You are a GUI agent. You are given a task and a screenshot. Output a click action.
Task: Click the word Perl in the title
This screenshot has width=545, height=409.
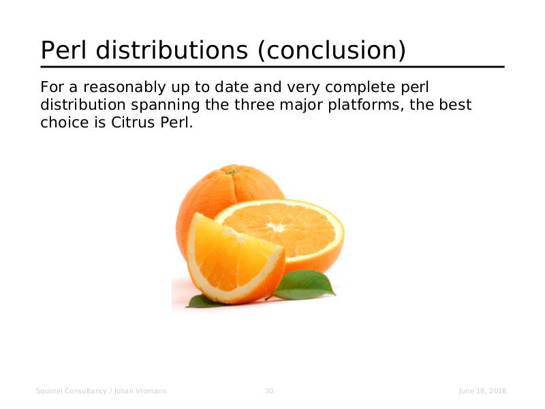click(63, 50)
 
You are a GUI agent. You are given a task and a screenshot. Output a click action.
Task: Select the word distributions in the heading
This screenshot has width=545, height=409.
click(172, 50)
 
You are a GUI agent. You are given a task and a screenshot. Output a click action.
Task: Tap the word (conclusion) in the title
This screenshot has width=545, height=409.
click(332, 50)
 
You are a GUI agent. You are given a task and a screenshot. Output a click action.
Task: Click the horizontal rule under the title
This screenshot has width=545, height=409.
click(272, 67)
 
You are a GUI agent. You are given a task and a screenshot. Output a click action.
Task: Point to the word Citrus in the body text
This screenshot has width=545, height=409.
click(133, 123)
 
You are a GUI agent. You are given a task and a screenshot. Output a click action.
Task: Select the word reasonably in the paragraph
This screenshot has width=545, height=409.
click(124, 88)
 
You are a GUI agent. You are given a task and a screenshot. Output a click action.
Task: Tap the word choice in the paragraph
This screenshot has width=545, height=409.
click(65, 123)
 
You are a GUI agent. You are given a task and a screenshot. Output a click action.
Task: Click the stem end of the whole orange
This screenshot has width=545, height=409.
click(232, 171)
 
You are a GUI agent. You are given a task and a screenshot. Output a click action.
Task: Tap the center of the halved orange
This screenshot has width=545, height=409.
click(277, 227)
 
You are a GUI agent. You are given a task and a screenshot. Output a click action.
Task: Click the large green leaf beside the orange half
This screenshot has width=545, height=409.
click(302, 285)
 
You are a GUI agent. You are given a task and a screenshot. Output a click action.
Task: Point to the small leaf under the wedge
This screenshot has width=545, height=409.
click(203, 302)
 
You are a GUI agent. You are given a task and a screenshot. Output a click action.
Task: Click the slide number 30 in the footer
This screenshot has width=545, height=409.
click(269, 391)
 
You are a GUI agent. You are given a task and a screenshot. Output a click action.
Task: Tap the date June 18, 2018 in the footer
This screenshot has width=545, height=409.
click(482, 391)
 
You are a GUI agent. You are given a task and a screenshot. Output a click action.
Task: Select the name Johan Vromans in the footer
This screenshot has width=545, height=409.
click(140, 391)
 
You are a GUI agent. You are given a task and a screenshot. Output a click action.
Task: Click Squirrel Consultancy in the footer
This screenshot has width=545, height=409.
click(72, 391)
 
